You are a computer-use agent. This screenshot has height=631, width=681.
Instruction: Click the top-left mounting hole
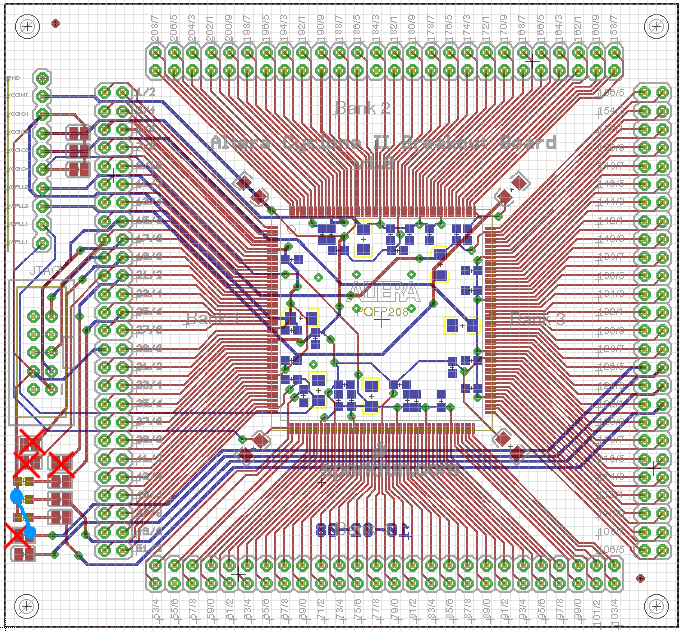(28, 27)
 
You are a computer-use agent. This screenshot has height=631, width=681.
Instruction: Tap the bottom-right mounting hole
(655, 604)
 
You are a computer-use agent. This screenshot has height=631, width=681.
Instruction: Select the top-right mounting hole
(655, 27)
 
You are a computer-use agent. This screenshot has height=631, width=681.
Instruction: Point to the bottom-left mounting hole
(28, 604)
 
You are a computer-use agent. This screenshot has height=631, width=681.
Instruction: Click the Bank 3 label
(538, 319)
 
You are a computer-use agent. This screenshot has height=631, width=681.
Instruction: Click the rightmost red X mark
(62, 464)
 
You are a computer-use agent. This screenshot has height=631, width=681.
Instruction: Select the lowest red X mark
(17, 537)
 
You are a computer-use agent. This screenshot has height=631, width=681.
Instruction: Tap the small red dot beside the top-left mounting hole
(55, 23)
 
